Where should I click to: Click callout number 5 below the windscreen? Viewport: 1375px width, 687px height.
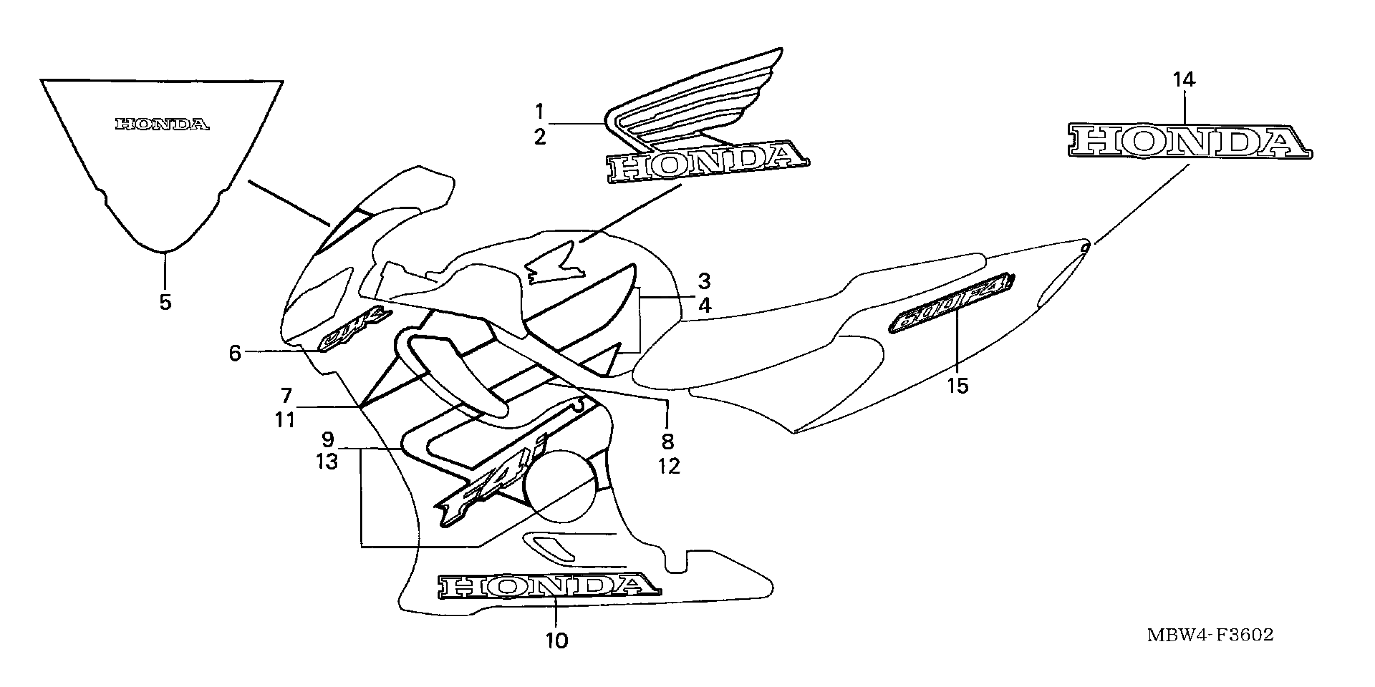point(165,302)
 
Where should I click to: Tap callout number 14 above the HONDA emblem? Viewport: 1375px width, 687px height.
point(1184,80)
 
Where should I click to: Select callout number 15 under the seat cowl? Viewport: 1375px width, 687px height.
point(958,386)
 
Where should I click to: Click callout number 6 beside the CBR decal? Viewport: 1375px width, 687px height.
point(235,353)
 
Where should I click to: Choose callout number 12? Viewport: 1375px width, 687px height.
point(669,466)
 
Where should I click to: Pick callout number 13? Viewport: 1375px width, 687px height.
point(327,462)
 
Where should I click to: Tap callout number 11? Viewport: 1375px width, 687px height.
point(285,420)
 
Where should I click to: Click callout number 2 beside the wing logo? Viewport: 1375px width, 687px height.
point(539,137)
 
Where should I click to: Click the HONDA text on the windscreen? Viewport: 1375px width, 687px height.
point(162,125)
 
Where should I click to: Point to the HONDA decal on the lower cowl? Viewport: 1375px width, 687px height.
point(549,586)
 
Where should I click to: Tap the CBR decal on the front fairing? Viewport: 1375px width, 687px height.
point(355,332)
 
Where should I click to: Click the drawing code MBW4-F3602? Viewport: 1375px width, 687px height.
point(1210,635)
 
